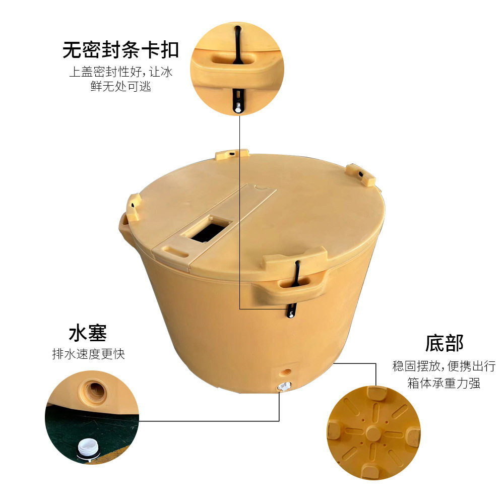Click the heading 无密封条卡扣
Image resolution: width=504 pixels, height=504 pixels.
point(121,50)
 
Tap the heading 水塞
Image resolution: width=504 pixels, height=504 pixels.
point(88,334)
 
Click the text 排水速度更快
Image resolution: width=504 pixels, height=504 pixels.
point(88,354)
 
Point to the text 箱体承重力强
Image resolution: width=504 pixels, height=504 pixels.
point(444,383)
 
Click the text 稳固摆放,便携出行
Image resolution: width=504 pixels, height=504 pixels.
point(444,366)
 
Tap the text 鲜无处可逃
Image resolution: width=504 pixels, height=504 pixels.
point(121,87)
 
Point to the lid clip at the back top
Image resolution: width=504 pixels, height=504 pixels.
point(232,154)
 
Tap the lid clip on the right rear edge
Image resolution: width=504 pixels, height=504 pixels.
point(362,174)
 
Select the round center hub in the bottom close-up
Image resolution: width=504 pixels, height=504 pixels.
point(374,432)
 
